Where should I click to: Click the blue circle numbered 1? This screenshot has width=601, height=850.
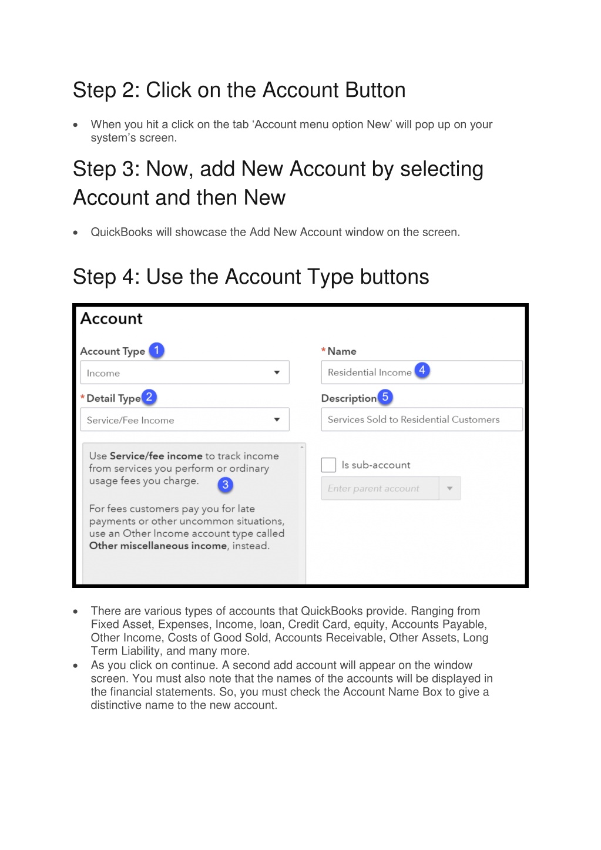point(156,351)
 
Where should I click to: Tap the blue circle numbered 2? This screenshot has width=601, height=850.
point(149,397)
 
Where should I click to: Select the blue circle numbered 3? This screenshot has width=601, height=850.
point(225,485)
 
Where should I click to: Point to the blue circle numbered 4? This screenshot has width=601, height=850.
point(422,370)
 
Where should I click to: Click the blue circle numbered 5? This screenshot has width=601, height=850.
point(385,397)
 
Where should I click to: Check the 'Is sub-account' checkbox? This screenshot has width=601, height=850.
point(328,465)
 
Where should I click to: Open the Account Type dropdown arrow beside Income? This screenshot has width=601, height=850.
point(277,372)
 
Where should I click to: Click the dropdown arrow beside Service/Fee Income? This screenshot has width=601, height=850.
point(277,419)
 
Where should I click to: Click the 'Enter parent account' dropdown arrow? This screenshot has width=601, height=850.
point(449,488)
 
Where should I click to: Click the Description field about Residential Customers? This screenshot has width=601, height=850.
point(421,419)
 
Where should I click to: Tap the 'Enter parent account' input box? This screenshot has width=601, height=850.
point(380,488)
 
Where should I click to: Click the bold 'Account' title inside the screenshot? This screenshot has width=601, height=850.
point(112,319)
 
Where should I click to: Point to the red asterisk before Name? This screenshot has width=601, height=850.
point(324,350)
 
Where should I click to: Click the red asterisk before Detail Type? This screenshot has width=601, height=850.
point(83,398)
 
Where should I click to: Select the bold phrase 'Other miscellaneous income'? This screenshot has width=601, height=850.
point(158,546)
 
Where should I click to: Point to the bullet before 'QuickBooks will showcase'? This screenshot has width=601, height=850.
point(76,233)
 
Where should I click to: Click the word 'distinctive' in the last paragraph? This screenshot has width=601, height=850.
point(116,705)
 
